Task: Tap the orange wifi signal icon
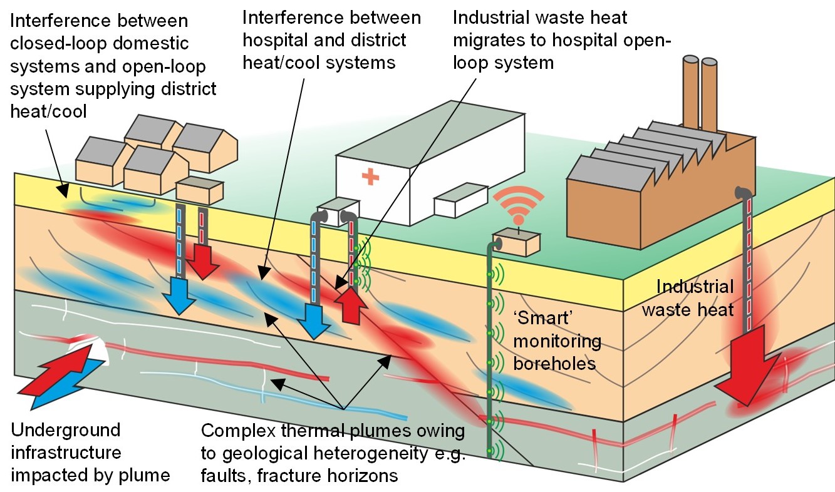(517, 207)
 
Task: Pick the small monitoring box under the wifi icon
(516, 243)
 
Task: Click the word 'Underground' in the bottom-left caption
(66, 431)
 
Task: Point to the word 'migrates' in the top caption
(492, 41)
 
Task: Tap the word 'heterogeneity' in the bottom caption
(375, 454)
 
